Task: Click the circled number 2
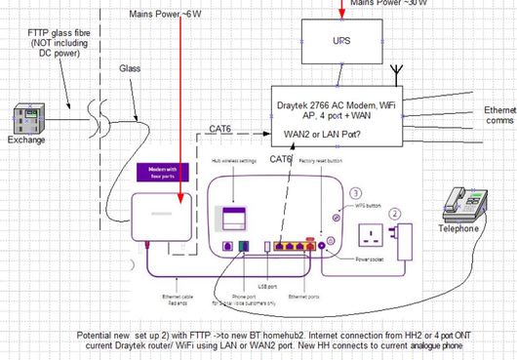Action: (395, 212)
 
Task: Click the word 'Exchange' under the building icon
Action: (26, 140)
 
